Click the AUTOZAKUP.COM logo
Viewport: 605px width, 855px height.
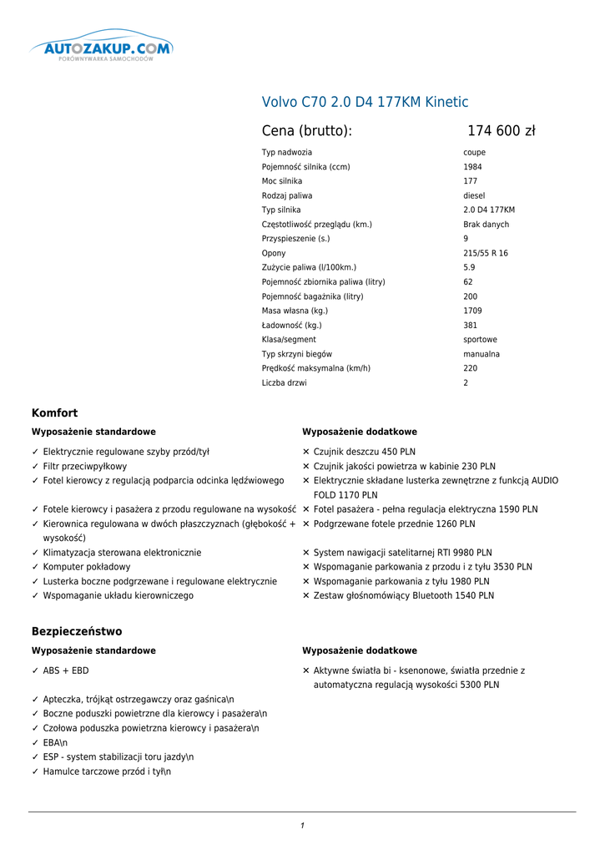pyautogui.click(x=102, y=48)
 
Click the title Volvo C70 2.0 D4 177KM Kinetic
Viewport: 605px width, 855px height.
pyautogui.click(x=365, y=103)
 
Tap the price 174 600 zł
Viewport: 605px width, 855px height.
pyautogui.click(x=501, y=131)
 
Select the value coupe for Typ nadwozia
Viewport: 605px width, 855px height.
pyautogui.click(x=474, y=153)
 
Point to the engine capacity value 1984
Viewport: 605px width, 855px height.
pyautogui.click(x=472, y=167)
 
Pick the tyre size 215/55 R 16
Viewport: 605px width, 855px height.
pyautogui.click(x=485, y=254)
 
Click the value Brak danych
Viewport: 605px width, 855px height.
pyautogui.click(x=486, y=225)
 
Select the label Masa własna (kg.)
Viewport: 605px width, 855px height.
pyautogui.click(x=295, y=311)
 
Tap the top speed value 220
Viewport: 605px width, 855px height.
pyautogui.click(x=471, y=369)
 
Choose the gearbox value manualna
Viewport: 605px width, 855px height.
pyautogui.click(x=481, y=355)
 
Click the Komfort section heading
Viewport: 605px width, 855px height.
pyautogui.click(x=54, y=413)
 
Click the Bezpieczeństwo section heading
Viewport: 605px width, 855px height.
pyautogui.click(x=77, y=632)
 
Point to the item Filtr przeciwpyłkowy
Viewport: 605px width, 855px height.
pyautogui.click(x=85, y=467)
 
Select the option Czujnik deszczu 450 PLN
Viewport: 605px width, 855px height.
pyautogui.click(x=365, y=453)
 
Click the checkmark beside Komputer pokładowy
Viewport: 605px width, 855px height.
pyautogui.click(x=35, y=567)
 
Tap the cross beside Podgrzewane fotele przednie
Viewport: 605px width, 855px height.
pyautogui.click(x=306, y=524)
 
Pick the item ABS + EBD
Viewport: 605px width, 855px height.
pyautogui.click(x=66, y=670)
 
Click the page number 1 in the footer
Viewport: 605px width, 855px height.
pyautogui.click(x=302, y=826)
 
